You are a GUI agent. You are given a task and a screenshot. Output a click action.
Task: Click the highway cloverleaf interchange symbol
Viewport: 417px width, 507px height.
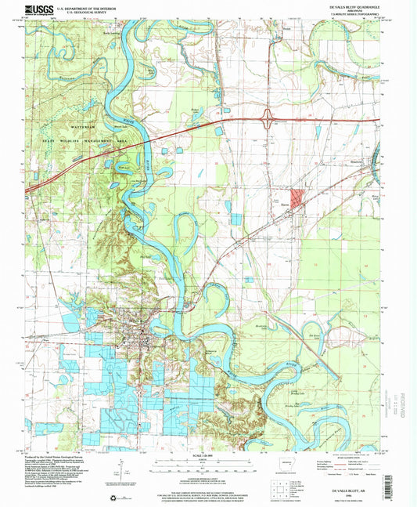[x=268, y=120]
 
